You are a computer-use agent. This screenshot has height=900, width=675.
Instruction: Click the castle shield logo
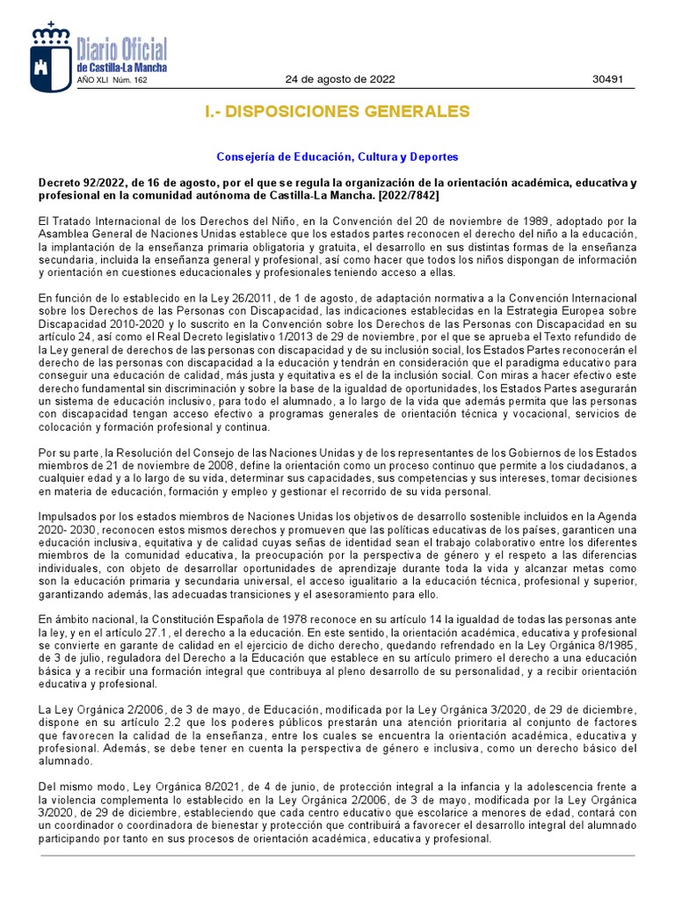[51, 58]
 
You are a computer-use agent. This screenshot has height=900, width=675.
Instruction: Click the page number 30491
[607, 79]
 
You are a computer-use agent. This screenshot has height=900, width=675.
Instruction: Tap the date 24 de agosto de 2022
[340, 79]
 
